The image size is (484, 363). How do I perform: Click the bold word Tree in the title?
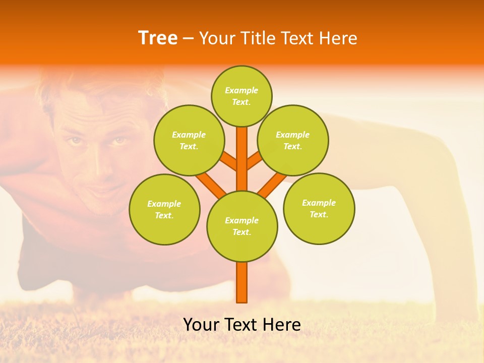click(158, 38)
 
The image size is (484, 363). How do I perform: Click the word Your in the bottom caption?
click(201, 325)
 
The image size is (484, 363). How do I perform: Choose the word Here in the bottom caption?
click(282, 325)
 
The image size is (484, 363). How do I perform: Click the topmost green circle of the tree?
click(241, 96)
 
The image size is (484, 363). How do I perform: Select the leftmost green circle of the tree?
click(164, 209)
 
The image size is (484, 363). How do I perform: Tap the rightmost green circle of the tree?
click(319, 208)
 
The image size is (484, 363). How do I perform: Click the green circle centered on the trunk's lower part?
click(242, 226)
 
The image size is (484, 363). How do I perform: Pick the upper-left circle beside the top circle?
click(189, 140)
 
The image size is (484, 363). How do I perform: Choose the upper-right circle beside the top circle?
click(293, 140)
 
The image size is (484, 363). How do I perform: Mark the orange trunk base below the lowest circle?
click(242, 282)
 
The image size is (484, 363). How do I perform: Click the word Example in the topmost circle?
click(241, 91)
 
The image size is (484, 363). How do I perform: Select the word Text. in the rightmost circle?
click(319, 214)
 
